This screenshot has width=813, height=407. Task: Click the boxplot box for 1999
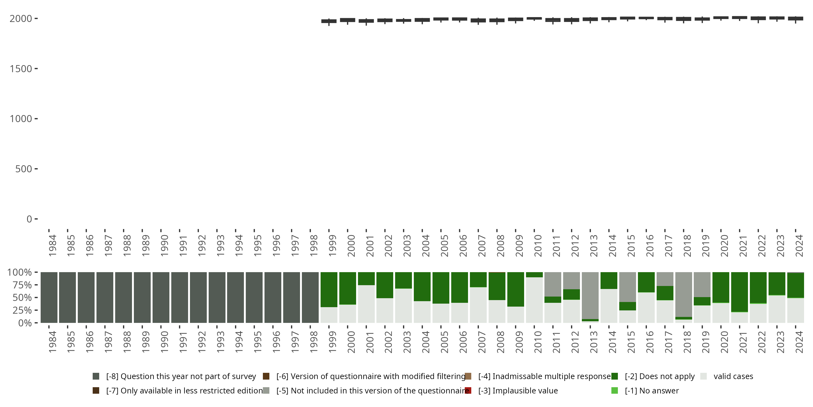[x=329, y=21]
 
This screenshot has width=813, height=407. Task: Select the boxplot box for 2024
[x=796, y=19]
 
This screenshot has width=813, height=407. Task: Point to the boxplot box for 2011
[x=553, y=20]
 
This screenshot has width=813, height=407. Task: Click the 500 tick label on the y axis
[x=24, y=169]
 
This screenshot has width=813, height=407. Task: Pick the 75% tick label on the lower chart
[x=22, y=285]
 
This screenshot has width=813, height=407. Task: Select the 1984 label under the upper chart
[x=52, y=245]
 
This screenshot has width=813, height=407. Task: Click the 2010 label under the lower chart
[x=538, y=342]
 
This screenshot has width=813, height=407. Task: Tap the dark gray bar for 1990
[x=161, y=297]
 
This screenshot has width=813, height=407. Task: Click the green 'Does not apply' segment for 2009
[x=516, y=289]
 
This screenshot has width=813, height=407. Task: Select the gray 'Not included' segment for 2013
[x=590, y=295]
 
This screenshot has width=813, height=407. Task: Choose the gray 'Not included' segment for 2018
[x=684, y=294]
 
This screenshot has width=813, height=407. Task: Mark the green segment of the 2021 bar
[x=740, y=292]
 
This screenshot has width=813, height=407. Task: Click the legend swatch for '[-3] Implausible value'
[x=468, y=390]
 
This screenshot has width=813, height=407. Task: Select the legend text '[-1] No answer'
[x=652, y=390]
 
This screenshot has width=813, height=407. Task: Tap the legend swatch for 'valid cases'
[x=704, y=376]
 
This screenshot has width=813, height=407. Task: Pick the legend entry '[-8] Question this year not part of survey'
[x=181, y=376]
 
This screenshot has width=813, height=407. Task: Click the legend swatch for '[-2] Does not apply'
[x=614, y=376]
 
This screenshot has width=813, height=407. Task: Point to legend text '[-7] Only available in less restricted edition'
[x=184, y=390]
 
